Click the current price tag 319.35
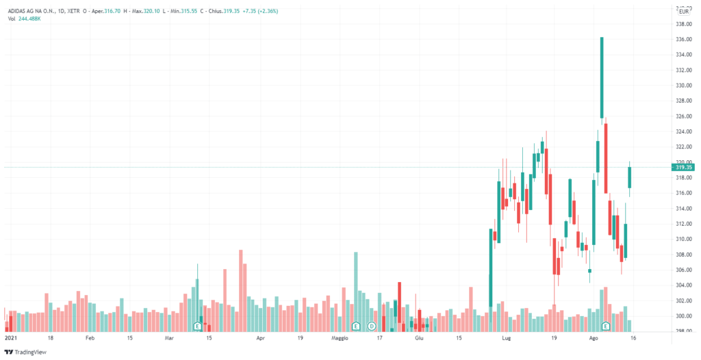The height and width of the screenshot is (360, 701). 683,167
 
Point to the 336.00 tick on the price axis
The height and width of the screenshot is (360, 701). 683,40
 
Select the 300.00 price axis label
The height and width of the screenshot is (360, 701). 683,316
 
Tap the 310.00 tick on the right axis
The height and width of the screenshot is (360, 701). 683,240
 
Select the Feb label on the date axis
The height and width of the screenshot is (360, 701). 90,338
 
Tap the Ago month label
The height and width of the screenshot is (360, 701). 594,338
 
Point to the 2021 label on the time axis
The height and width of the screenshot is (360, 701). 11,338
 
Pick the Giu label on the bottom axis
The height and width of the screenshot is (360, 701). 419,338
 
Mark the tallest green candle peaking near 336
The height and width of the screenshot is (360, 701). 601,77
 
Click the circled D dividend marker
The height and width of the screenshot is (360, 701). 372,326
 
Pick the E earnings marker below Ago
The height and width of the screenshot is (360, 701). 605,325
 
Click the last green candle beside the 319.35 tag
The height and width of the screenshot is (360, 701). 630,177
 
